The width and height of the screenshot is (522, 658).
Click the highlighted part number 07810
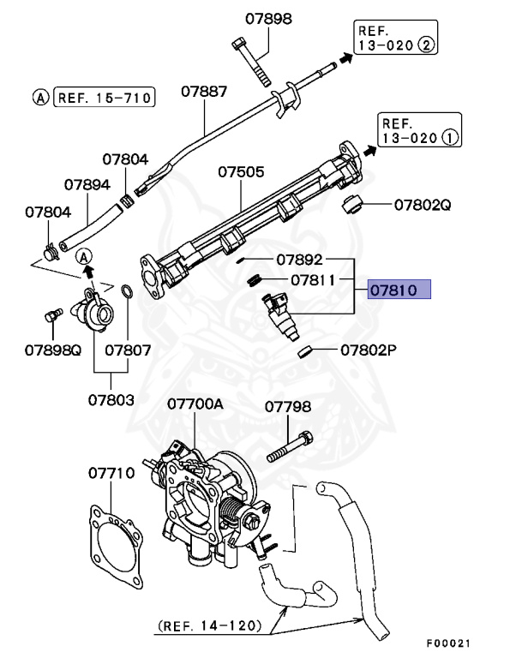[x=399, y=290]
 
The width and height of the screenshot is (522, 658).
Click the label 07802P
[x=369, y=350]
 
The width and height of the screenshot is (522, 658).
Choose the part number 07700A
[x=195, y=403]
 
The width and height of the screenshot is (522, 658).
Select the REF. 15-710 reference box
[x=103, y=98]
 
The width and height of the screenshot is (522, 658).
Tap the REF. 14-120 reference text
[x=208, y=626]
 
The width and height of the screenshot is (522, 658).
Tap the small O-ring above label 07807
[x=126, y=294]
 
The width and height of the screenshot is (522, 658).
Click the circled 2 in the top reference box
[x=425, y=45]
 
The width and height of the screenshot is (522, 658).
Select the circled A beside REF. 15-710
[x=40, y=98]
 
